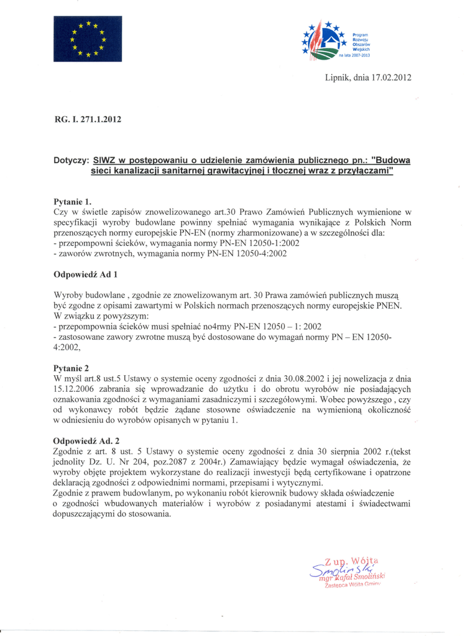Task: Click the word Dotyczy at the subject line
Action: [71, 160]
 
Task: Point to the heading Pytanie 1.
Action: [73, 201]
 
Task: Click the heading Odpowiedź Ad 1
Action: [85, 274]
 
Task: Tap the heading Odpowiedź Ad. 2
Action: [86, 441]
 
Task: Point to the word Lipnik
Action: [338, 78]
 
